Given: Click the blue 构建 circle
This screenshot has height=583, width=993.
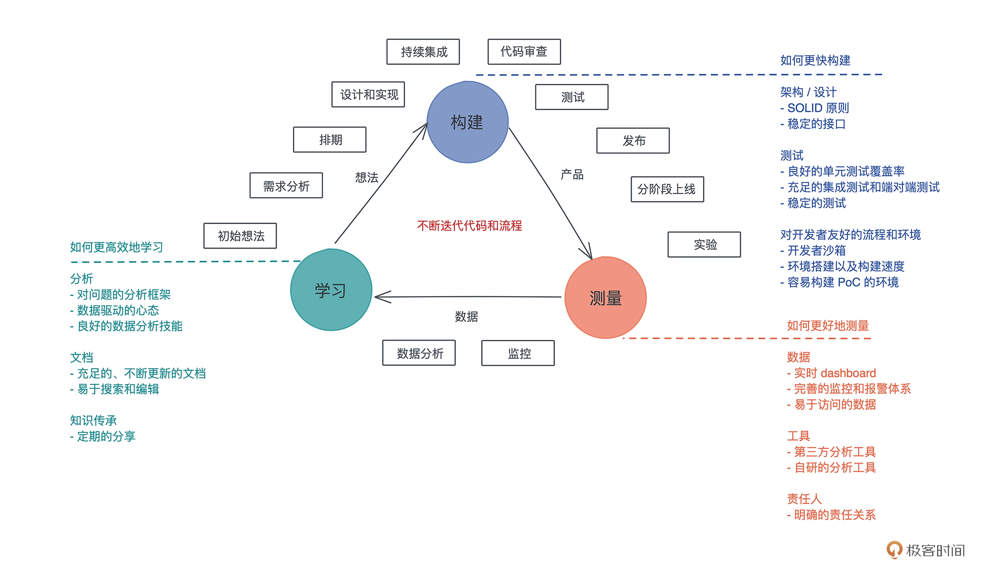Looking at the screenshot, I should (x=467, y=122).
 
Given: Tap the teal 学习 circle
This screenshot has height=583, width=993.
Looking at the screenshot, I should (x=331, y=290).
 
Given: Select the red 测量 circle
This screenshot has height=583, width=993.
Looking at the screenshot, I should (x=605, y=298).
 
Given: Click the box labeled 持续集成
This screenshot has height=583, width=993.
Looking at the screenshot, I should (x=423, y=52).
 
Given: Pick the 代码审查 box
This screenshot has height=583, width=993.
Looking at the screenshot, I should (x=524, y=52).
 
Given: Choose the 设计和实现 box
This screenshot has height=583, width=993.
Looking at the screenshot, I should (x=368, y=95).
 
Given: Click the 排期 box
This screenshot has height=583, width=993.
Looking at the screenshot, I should (x=330, y=140).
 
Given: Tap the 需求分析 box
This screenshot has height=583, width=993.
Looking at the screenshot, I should (x=286, y=185).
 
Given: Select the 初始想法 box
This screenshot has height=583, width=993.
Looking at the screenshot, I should (x=240, y=236).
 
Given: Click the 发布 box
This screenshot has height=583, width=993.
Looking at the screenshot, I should (x=633, y=140).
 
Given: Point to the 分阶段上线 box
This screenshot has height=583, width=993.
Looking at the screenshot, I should (x=667, y=189).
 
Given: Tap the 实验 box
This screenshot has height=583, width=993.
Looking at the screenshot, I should (x=704, y=244).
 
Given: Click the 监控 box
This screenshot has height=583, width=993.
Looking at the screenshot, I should (x=518, y=353).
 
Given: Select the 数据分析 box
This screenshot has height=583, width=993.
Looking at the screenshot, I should (x=419, y=353).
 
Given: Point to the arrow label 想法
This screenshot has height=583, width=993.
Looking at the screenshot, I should (x=367, y=177).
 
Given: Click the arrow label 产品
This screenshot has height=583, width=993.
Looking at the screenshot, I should (x=572, y=174).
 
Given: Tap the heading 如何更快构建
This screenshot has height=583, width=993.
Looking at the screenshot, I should (x=815, y=60).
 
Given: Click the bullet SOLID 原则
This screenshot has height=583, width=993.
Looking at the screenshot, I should (x=818, y=108).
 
